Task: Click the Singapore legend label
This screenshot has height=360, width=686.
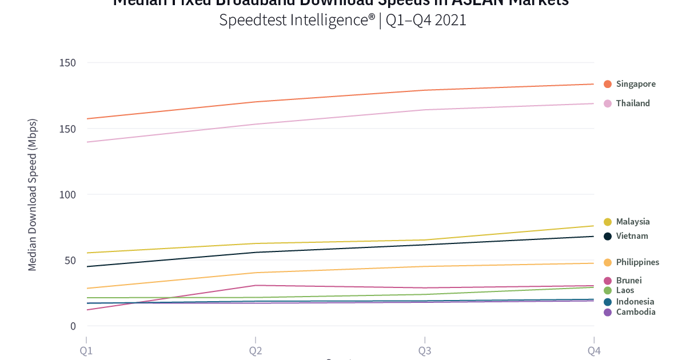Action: pos(636,84)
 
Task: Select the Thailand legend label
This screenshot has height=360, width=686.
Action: pos(633,103)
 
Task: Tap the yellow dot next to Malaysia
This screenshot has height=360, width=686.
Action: pos(608,222)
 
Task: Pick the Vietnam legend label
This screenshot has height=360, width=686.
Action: pos(632,236)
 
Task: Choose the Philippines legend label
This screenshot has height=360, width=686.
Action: pos(637,262)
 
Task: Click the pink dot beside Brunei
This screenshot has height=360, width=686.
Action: pos(608,281)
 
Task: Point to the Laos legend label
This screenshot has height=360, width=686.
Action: pos(625,290)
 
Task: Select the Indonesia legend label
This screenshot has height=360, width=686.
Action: pos(635,302)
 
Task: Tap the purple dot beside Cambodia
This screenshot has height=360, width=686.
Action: pos(608,312)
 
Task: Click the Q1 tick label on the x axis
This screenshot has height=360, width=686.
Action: pos(86,350)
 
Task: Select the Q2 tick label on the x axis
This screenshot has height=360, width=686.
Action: pos(256,350)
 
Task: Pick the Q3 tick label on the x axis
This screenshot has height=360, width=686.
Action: pos(425,350)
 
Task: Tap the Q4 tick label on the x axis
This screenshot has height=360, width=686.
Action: pos(594,350)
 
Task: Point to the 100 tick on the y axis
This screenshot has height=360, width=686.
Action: pos(67,194)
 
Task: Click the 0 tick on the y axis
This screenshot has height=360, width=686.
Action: pos(73,326)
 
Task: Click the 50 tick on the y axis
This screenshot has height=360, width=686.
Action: pos(70,261)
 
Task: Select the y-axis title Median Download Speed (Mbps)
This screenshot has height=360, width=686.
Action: pos(33,194)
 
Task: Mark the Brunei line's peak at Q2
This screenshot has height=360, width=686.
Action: pos(256,285)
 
